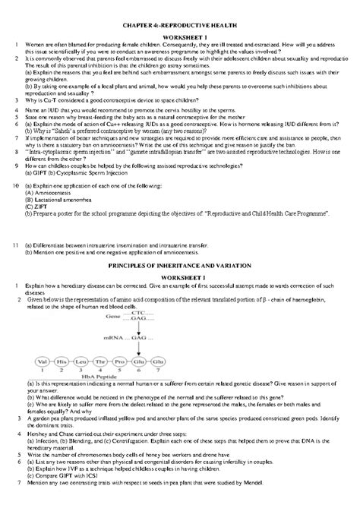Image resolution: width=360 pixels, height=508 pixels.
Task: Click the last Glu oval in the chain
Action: coord(157,361)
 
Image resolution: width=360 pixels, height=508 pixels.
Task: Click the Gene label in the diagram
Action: coord(112,314)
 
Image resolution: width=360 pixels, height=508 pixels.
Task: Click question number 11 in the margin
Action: coord(16,245)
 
